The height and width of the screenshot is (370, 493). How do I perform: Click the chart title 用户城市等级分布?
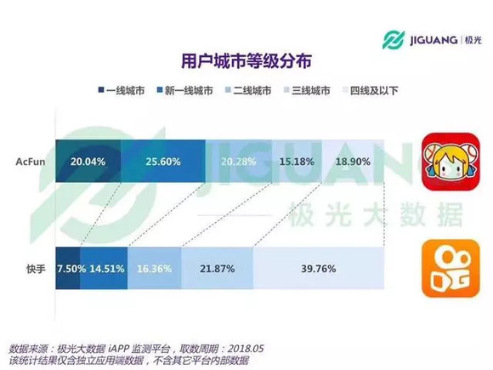tap(246, 60)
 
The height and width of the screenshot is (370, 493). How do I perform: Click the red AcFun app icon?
tap(446, 162)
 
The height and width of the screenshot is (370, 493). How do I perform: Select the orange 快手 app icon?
tap(445, 268)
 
